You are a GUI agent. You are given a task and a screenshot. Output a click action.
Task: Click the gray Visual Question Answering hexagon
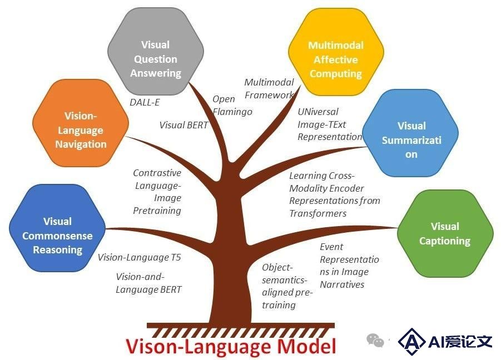pyautogui.click(x=156, y=51)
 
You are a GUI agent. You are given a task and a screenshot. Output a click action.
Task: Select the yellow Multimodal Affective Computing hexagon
pyautogui.click(x=336, y=52)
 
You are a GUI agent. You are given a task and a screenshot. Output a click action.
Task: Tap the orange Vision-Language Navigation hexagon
pyautogui.click(x=81, y=123)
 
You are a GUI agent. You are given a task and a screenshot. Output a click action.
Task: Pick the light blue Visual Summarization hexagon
pyautogui.click(x=410, y=133)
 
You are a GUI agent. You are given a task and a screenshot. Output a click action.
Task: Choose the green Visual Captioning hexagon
pyautogui.click(x=445, y=234)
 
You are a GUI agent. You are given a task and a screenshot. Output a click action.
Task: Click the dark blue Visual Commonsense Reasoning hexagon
pyautogui.click(x=57, y=228)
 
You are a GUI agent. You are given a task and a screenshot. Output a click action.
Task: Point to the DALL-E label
pyautogui.click(x=145, y=102)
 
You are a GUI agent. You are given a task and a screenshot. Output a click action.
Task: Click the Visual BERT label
pyautogui.click(x=183, y=125)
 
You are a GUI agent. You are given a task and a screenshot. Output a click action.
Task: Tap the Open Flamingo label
pyautogui.click(x=232, y=106)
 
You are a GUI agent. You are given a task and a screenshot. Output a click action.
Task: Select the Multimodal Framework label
pyautogui.click(x=269, y=89)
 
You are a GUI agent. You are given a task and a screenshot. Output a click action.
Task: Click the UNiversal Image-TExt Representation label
pyautogui.click(x=330, y=124)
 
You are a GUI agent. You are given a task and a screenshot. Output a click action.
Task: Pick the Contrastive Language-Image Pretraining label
pyautogui.click(x=157, y=192)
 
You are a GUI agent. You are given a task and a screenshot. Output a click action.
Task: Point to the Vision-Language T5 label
pyautogui.click(x=140, y=257)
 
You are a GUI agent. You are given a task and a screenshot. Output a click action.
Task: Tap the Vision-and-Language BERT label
pyautogui.click(x=148, y=283)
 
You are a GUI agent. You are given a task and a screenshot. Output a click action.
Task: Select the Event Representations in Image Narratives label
pyautogui.click(x=349, y=266)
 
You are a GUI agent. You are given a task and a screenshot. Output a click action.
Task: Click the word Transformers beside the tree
pyautogui.click(x=318, y=213)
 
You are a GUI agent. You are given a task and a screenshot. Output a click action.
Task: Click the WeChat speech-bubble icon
pyautogui.click(x=375, y=340)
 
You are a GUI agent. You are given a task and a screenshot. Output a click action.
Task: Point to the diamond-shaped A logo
pyautogui.click(x=411, y=342)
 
